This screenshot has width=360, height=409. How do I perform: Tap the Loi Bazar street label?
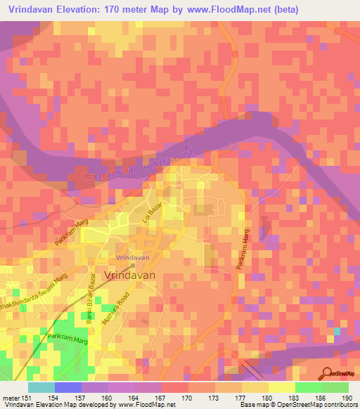[148, 226]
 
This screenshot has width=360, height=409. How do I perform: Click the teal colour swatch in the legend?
[41, 387]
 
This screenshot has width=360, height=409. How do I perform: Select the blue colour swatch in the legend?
[67, 387]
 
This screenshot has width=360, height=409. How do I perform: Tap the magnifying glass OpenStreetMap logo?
[327, 372]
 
